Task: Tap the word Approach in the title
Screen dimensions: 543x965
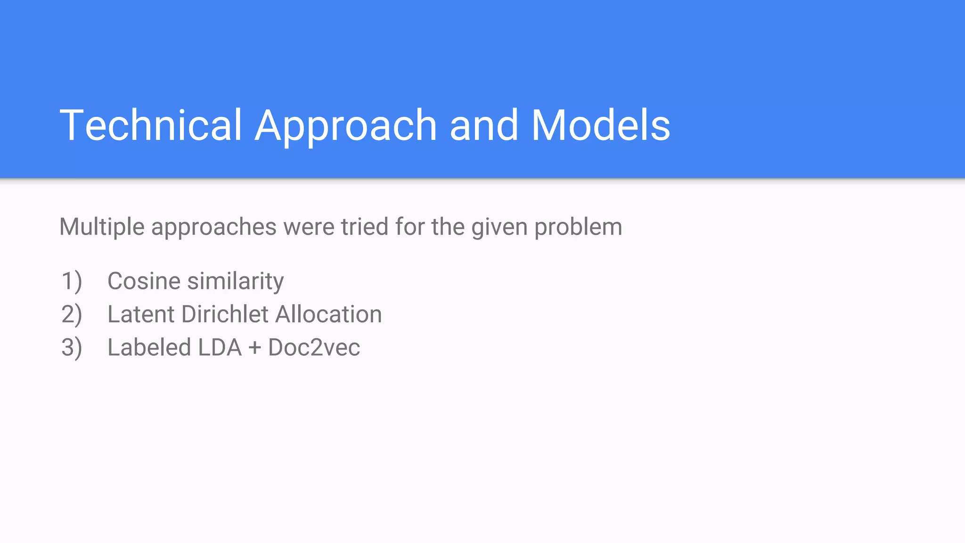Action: (x=345, y=126)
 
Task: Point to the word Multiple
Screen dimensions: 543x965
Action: (x=102, y=227)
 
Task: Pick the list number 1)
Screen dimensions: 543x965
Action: (x=72, y=281)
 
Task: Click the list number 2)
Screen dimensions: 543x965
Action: (x=72, y=314)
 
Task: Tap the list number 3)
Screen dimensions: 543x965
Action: (x=72, y=348)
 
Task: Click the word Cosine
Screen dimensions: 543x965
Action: (x=144, y=281)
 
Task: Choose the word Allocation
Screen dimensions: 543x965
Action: (x=328, y=314)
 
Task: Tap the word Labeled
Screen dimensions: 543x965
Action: (x=149, y=348)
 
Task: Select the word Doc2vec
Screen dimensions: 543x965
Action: (x=314, y=348)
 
